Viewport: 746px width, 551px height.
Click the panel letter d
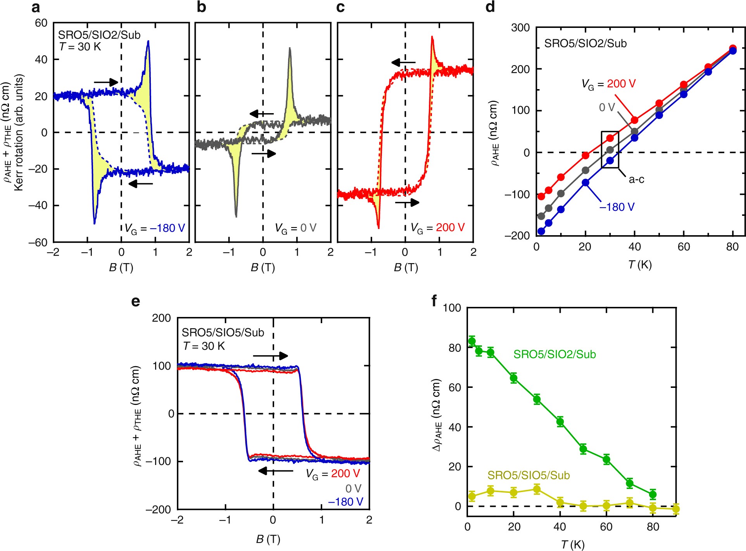pyautogui.click(x=490, y=7)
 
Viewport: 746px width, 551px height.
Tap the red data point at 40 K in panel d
pyautogui.click(x=634, y=120)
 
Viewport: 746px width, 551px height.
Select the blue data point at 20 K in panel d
pyautogui.click(x=585, y=183)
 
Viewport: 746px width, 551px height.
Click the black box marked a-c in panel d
pyautogui.click(x=610, y=150)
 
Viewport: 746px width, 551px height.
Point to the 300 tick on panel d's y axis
pyautogui.click(x=520, y=28)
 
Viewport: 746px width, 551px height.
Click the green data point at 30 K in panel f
pyautogui.click(x=537, y=399)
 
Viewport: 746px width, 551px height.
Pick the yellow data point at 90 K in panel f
pyautogui.click(x=676, y=509)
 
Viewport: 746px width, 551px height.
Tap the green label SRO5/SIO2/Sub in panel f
pyautogui.click(x=554, y=354)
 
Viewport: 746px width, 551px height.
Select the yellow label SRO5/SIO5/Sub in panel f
pyautogui.click(x=528, y=475)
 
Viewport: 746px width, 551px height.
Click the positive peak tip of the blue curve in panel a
pyautogui.click(x=148, y=41)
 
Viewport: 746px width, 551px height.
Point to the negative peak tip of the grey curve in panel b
pyautogui.click(x=236, y=216)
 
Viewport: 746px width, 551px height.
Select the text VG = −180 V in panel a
pyautogui.click(x=154, y=228)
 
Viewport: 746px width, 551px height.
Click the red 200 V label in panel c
pyautogui.click(x=450, y=227)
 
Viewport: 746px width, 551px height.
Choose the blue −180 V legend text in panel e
pyautogui.click(x=345, y=502)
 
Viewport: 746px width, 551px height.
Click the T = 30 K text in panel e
pyautogui.click(x=204, y=346)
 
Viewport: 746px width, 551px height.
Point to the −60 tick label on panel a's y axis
pyautogui.click(x=38, y=243)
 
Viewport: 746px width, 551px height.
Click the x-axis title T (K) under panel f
pyautogui.click(x=573, y=544)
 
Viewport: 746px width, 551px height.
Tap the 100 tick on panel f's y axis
pyautogui.click(x=452, y=308)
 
